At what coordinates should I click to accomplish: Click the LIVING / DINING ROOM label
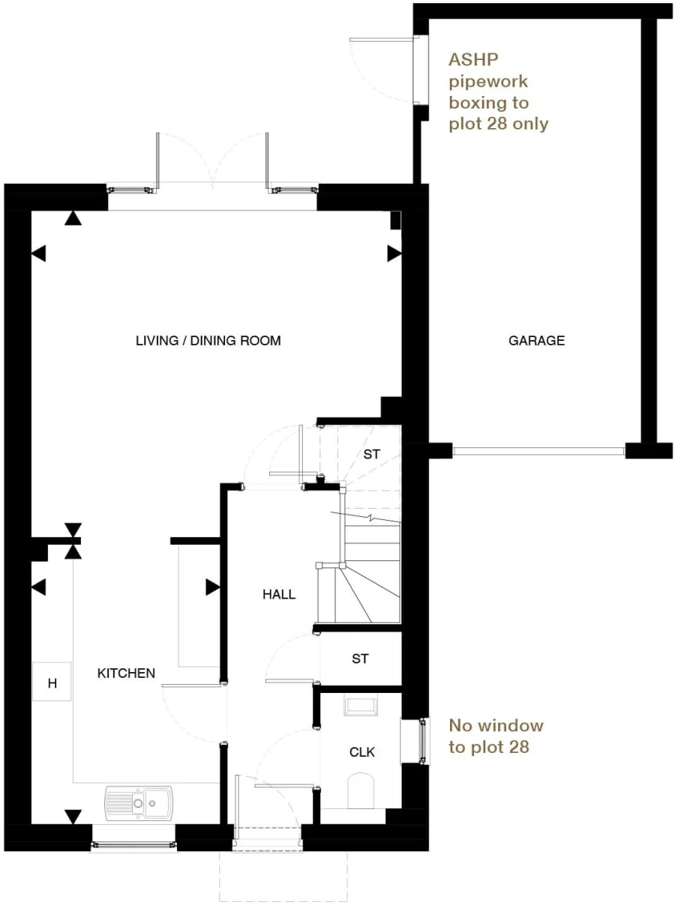(x=208, y=341)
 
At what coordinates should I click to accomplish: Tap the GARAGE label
(x=536, y=341)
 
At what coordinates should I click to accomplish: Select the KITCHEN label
(x=126, y=674)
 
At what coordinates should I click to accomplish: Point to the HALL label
(x=279, y=595)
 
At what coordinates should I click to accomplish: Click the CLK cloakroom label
(x=361, y=752)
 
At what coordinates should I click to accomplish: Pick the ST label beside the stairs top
(x=371, y=454)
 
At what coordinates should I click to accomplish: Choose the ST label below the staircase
(x=360, y=659)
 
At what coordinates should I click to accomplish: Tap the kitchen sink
(x=139, y=802)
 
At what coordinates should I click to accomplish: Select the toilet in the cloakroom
(x=361, y=791)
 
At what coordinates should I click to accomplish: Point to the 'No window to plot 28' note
(x=495, y=736)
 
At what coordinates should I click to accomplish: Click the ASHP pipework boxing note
(x=498, y=91)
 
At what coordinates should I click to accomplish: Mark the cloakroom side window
(x=424, y=742)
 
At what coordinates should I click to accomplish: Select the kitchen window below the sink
(x=133, y=845)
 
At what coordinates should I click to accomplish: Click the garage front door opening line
(x=538, y=451)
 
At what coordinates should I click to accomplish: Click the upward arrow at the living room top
(x=73, y=218)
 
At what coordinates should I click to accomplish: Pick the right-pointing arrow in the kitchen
(x=213, y=587)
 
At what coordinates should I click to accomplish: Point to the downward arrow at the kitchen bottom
(x=73, y=816)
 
